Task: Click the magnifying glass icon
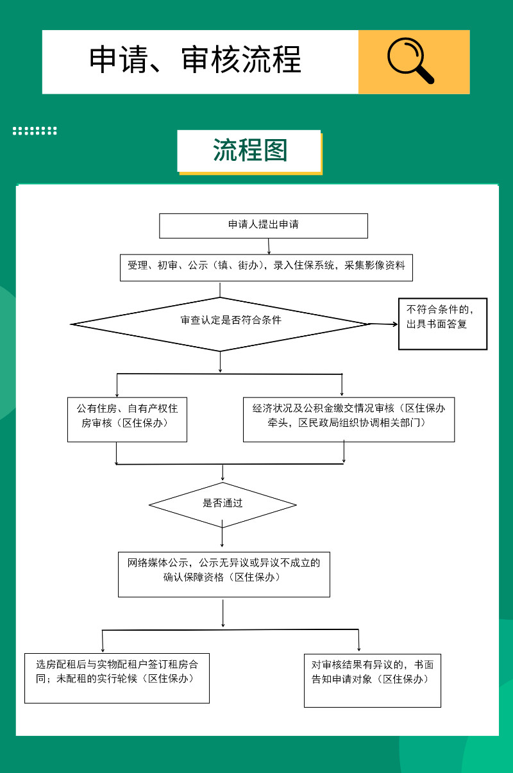[410, 60]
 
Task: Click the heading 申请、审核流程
[195, 60]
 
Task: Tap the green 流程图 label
[250, 150]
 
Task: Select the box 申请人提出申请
[264, 226]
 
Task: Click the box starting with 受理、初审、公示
[266, 267]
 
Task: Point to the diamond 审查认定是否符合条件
[220, 324]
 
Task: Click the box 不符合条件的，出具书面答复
[443, 324]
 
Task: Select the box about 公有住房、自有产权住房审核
[127, 419]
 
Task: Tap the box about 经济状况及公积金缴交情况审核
[349, 419]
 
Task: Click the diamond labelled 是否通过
[223, 505]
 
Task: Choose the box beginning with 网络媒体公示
[224, 574]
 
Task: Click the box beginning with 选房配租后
[117, 678]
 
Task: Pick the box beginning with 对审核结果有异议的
[373, 681]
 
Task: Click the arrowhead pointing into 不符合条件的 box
[395, 324]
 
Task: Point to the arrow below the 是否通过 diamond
[222, 537]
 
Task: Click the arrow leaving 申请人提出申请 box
[269, 246]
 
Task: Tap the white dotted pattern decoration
[35, 131]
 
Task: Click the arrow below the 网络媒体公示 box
[223, 613]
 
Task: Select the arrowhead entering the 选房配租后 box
[103, 650]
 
